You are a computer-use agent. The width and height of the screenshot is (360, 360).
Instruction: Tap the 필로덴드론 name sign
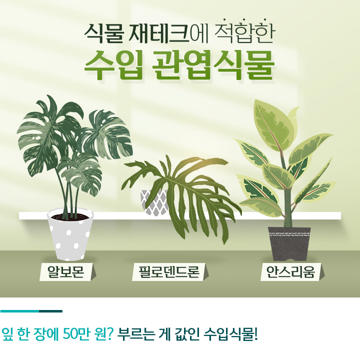(170, 272)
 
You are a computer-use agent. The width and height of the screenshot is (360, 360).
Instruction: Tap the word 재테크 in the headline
(159, 33)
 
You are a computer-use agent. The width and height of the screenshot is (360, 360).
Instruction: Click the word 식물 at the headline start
(104, 33)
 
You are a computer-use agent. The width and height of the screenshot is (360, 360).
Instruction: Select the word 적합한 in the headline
(244, 32)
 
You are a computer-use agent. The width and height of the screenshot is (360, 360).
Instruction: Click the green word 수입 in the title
(113, 65)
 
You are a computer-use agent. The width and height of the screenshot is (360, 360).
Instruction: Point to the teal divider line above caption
(31, 311)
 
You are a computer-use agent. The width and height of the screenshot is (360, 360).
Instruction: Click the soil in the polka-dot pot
(70, 217)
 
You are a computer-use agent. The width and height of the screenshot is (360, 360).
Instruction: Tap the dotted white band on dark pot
(289, 234)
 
